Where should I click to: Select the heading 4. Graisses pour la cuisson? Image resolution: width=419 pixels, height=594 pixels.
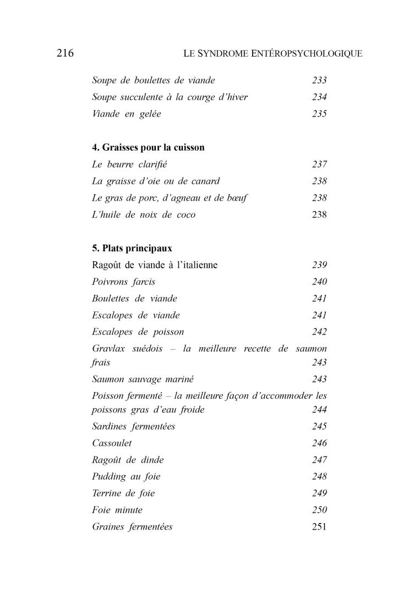pyautogui.click(x=148, y=147)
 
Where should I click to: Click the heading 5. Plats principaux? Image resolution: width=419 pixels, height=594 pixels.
pyautogui.click(x=132, y=248)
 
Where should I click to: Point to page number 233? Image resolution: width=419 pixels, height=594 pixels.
pyautogui.click(x=319, y=80)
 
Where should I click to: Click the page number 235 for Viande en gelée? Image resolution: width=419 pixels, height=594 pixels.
pyautogui.click(x=319, y=114)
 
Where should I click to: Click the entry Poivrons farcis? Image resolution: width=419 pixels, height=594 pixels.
pyautogui.click(x=123, y=282)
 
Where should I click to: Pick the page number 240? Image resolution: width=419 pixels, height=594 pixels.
pyautogui.click(x=319, y=282)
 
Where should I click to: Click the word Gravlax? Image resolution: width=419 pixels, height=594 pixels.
pyautogui.click(x=108, y=349)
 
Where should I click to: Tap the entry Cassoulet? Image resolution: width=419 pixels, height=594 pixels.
pyautogui.click(x=112, y=443)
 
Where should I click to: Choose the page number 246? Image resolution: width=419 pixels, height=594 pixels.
pyautogui.click(x=319, y=443)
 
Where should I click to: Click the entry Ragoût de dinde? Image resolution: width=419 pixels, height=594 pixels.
pyautogui.click(x=128, y=460)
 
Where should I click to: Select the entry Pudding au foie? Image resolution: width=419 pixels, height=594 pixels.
pyautogui.click(x=126, y=476)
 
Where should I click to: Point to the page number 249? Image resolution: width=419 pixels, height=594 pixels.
pyautogui.click(x=319, y=493)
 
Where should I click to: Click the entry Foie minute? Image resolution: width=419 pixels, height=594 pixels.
pyautogui.click(x=117, y=510)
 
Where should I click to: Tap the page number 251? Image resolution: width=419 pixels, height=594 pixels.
pyautogui.click(x=319, y=527)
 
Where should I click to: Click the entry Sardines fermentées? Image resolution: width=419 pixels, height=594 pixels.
pyautogui.click(x=133, y=426)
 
